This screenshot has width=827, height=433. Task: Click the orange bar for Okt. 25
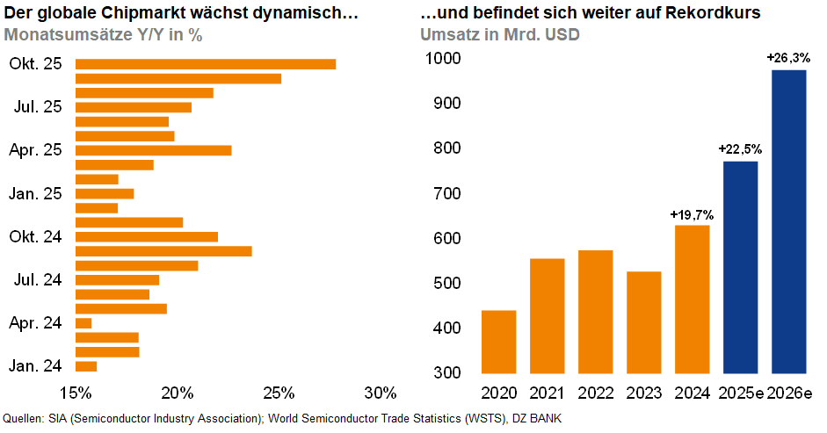pos(206,64)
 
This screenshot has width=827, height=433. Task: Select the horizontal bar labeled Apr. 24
pos(83,323)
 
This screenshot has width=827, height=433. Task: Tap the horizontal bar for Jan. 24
pos(86,366)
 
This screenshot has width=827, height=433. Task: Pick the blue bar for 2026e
pos(788,221)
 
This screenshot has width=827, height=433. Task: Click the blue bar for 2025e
pos(740,267)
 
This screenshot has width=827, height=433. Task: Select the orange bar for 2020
pos(499,342)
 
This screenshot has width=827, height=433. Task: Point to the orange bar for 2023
pos(643,322)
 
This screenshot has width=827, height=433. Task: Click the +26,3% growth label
pos(787,58)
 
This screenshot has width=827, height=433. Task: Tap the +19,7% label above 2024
pos(691,213)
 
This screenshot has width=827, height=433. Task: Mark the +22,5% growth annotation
pos(740,149)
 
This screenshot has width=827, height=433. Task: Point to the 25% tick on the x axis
pos(279,391)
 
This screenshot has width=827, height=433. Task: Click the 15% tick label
pos(76,391)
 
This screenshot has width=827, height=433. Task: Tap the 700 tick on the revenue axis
pos(448,194)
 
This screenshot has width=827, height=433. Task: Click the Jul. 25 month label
pos(38,107)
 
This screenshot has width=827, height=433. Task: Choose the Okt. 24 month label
pos(37,236)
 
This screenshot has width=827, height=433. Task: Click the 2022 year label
pos(595,392)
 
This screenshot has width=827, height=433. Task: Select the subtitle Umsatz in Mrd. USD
pos(499,35)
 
